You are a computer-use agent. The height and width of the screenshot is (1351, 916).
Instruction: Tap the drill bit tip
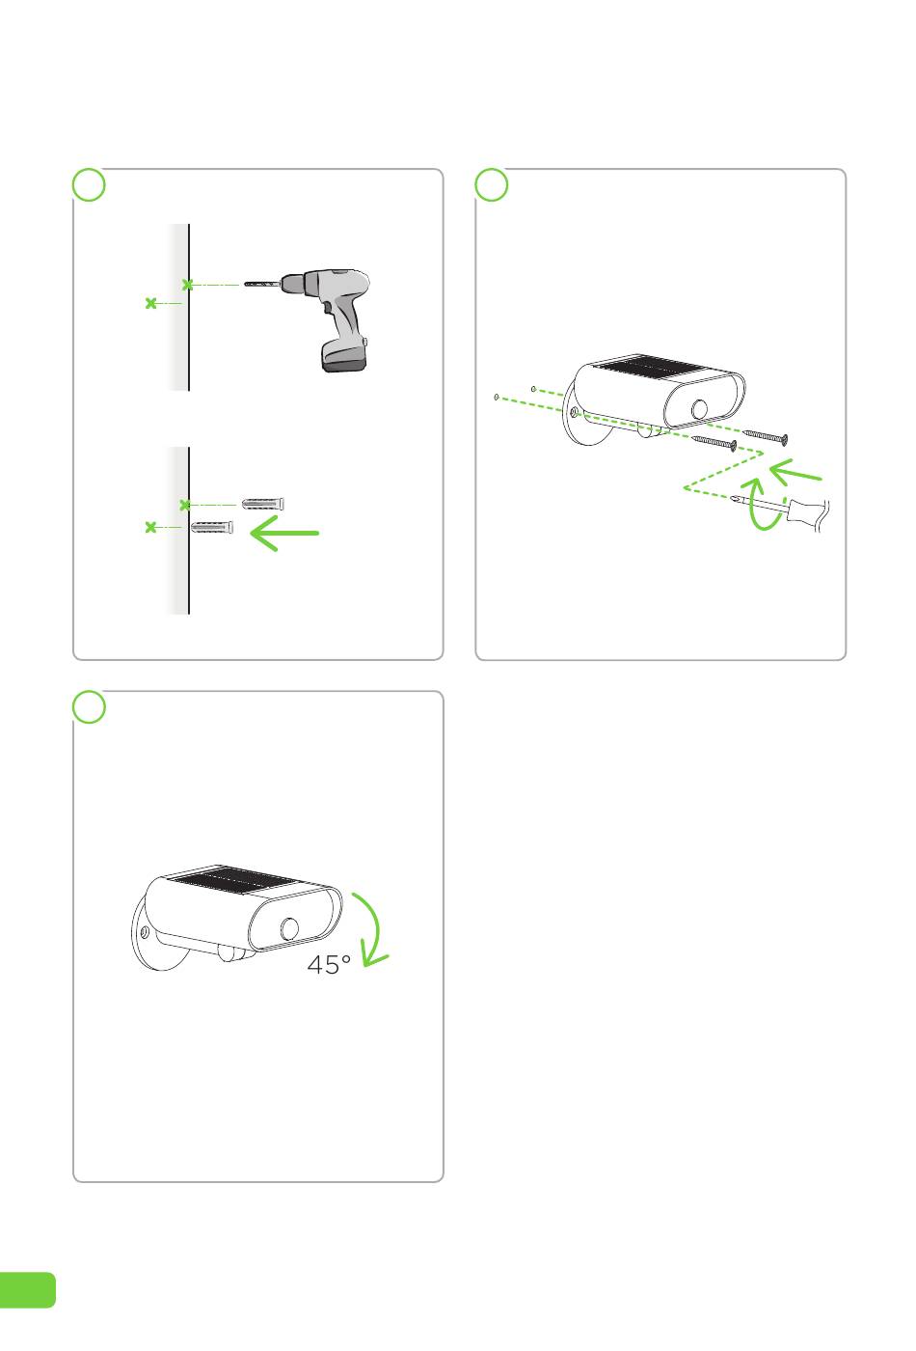coord(245,283)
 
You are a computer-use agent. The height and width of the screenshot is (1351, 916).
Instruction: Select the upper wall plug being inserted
coord(262,503)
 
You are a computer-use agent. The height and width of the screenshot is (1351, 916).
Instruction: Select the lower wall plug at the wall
coord(211,527)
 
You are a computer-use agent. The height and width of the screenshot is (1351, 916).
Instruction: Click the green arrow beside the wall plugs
coord(283,533)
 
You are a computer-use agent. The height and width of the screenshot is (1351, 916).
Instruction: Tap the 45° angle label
coord(329,964)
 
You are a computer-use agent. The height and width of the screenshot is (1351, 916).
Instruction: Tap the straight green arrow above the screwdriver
coord(795,472)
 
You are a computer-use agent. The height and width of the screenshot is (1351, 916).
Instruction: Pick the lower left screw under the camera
coord(714,443)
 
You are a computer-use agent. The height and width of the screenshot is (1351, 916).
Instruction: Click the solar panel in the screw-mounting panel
coord(648,367)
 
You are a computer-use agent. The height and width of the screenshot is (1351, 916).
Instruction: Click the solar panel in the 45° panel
coord(232,880)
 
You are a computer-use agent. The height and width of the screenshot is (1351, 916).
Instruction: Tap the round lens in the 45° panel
coord(290,929)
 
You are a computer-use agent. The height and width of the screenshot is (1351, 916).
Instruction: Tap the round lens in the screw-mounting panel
coord(700,409)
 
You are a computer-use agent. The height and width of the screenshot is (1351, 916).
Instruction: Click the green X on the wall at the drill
coord(187,285)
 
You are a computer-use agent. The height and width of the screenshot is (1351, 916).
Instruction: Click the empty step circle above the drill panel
coord(89,184)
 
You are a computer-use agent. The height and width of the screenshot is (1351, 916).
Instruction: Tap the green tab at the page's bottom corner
coord(27,1290)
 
